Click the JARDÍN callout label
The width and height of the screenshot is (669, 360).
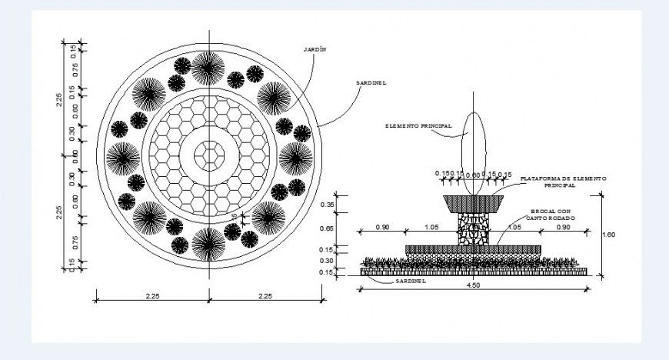click(x=316, y=48)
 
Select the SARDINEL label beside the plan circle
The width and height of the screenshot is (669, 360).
click(x=370, y=82)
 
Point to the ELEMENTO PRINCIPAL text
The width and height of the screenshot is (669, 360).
click(x=419, y=125)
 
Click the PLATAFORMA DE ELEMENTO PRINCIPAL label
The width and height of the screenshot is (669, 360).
click(x=563, y=182)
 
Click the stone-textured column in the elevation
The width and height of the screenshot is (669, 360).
click(x=474, y=228)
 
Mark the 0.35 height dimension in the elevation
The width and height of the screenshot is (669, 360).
click(x=328, y=205)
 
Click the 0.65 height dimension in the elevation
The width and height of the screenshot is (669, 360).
click(x=328, y=228)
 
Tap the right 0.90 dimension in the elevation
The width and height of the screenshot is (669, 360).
click(x=564, y=227)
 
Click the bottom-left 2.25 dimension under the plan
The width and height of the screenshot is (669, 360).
click(x=151, y=295)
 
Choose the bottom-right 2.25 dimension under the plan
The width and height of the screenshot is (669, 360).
click(x=265, y=295)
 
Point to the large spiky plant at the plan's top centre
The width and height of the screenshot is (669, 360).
click(x=208, y=68)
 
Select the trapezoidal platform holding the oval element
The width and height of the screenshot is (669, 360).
click(x=474, y=204)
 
